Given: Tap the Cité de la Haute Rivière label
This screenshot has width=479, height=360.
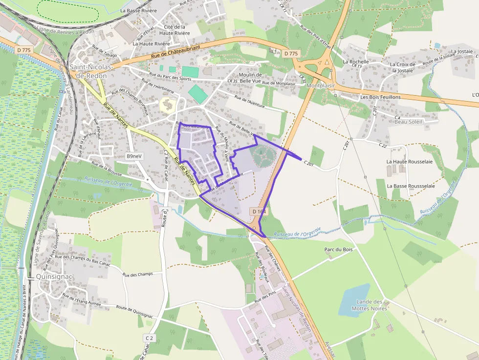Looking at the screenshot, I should coord(174,30).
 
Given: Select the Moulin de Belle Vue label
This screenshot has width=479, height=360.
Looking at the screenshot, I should coord(251,78).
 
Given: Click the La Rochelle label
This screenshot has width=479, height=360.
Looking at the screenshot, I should coord(355,62).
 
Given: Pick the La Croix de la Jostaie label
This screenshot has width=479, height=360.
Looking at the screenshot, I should coord(402,67).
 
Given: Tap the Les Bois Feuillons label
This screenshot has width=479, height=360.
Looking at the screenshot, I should coord(380,97).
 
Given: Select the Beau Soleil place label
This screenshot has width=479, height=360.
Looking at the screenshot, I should coord(408,122).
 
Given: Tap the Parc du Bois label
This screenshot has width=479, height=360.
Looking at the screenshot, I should coord(338,249).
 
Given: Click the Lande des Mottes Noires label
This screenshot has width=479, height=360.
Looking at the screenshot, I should coord(371,305).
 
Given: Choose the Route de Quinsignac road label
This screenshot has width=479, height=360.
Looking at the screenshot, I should coord(134,311).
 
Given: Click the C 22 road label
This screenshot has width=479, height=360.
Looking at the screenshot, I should coord(382,145).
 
